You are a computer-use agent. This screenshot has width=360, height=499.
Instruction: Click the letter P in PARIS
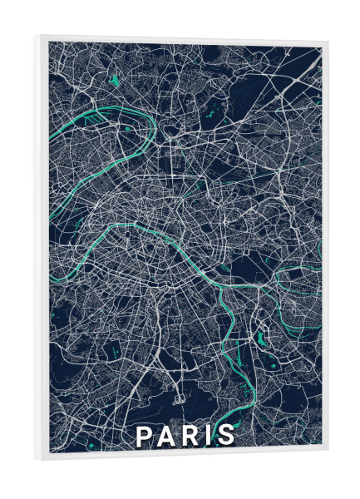144,435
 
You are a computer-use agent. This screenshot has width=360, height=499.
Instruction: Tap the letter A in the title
166,435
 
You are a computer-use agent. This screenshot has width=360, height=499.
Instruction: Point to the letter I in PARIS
208,435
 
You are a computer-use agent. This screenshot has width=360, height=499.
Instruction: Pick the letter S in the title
224,435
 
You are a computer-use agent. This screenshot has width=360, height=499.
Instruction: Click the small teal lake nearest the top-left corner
113,81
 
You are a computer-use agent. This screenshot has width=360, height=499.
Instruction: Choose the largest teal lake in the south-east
261,338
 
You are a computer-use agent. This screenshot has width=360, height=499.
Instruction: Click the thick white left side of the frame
42,249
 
